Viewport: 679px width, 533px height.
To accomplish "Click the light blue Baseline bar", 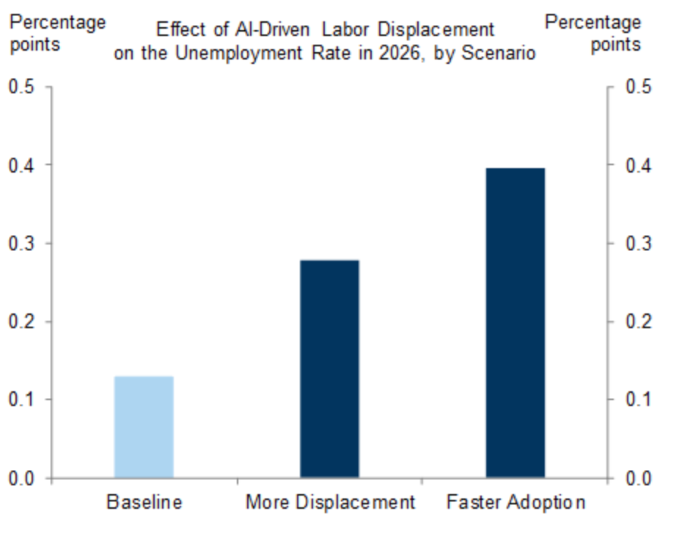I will [144, 427].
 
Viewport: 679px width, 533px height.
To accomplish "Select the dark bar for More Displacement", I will [329, 369].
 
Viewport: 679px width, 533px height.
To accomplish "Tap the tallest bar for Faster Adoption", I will [515, 323].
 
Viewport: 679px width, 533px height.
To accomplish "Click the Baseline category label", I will [144, 503].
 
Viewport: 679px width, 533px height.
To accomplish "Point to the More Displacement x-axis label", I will [330, 503].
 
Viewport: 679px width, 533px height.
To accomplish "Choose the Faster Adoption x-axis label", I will [515, 503].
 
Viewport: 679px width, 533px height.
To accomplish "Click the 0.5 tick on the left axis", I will [21, 87].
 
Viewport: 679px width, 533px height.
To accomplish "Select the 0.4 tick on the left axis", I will [21, 165].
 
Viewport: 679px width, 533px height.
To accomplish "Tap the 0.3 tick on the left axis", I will [21, 244].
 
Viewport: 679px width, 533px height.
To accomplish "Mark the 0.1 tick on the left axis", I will [21, 400].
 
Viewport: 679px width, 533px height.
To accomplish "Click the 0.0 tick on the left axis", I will [21, 479].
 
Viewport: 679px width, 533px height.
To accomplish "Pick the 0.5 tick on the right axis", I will [638, 87].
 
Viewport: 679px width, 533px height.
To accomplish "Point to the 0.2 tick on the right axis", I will [638, 322].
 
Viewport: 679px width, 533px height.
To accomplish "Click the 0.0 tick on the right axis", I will [638, 479].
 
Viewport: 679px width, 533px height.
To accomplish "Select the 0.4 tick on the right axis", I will [638, 165].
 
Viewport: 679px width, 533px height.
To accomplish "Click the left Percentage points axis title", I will [56, 33].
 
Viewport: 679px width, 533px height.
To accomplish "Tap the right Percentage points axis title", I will [592, 33].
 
